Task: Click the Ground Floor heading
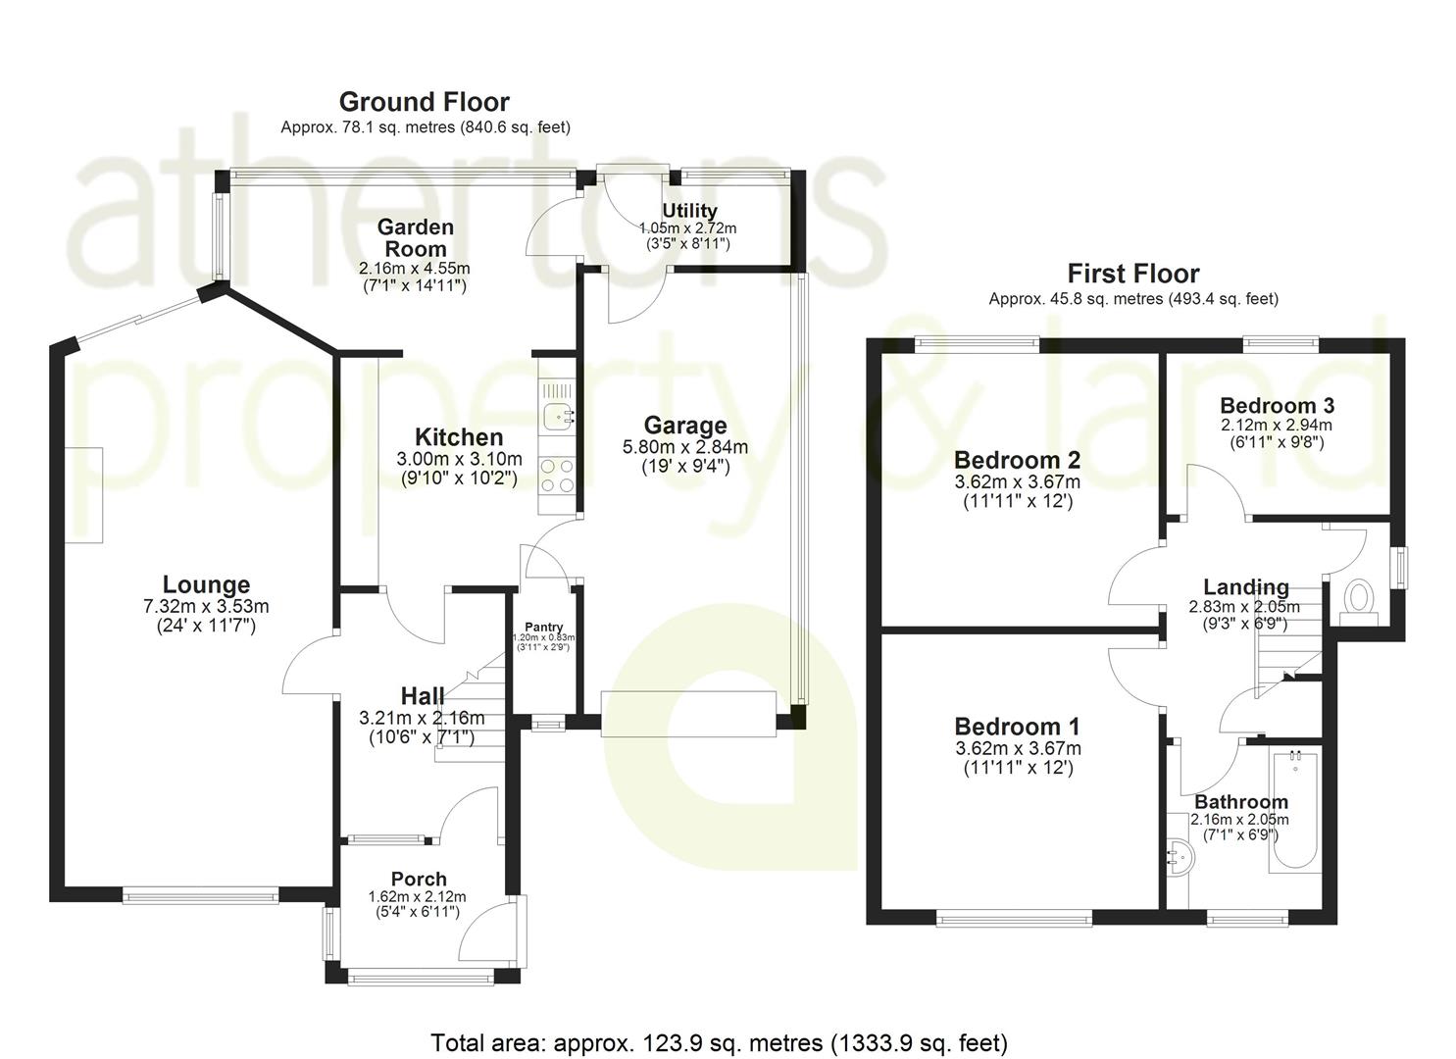point(424,102)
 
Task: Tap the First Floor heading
point(1132,274)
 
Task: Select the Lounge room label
point(206,585)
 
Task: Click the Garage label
point(685,426)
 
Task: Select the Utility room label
point(689,211)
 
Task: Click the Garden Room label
point(416,238)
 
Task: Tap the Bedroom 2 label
point(1017,460)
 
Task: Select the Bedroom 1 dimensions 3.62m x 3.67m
point(1017,748)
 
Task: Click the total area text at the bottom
point(719,1042)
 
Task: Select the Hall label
point(423,696)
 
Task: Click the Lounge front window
point(200,893)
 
